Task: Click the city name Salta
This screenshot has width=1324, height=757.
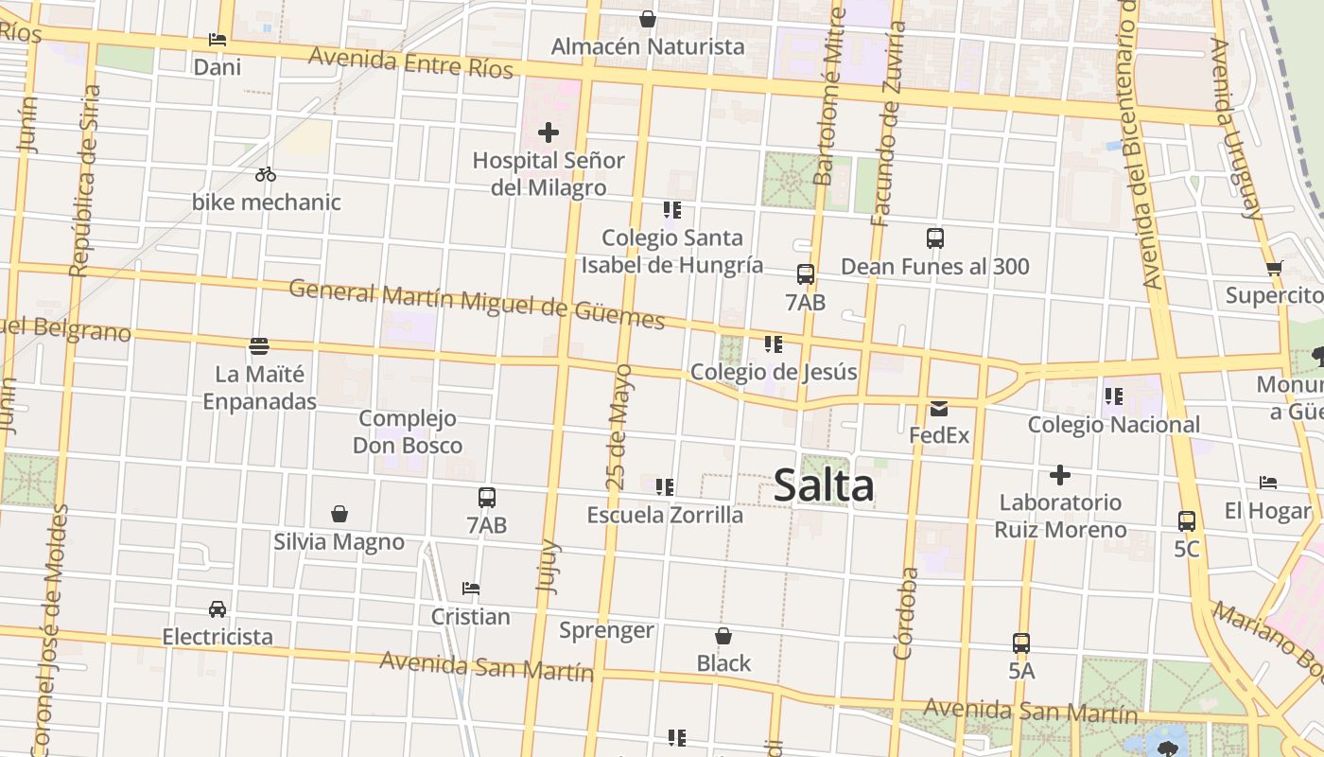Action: click(x=824, y=486)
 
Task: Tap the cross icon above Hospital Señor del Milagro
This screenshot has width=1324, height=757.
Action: click(x=549, y=132)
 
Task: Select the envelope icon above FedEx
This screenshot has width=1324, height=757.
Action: click(x=939, y=409)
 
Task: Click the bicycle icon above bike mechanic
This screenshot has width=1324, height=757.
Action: click(x=266, y=174)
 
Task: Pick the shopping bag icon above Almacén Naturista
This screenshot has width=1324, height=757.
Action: click(x=648, y=19)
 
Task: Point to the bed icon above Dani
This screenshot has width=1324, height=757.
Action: click(x=218, y=40)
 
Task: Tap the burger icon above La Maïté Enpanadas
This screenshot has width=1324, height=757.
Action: click(x=259, y=346)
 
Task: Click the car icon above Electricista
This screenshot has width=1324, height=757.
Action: click(x=218, y=609)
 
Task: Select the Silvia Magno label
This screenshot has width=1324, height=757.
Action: click(x=339, y=542)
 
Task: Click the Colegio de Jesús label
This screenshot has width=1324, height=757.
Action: click(x=774, y=372)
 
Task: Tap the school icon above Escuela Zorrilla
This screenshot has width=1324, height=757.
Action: click(x=665, y=487)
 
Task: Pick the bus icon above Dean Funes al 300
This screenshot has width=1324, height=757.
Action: click(x=935, y=238)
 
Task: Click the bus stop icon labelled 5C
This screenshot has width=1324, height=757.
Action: click(x=1187, y=521)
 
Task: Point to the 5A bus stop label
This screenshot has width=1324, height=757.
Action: click(x=1021, y=671)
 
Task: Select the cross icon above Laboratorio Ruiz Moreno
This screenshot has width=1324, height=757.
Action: click(x=1060, y=475)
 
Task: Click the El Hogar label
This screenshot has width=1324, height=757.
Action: click(x=1268, y=511)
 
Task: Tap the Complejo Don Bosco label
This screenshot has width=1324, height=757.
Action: click(x=408, y=431)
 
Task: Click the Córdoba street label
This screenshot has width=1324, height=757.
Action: click(x=905, y=613)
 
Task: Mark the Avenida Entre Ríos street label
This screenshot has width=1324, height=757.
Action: click(x=410, y=63)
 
